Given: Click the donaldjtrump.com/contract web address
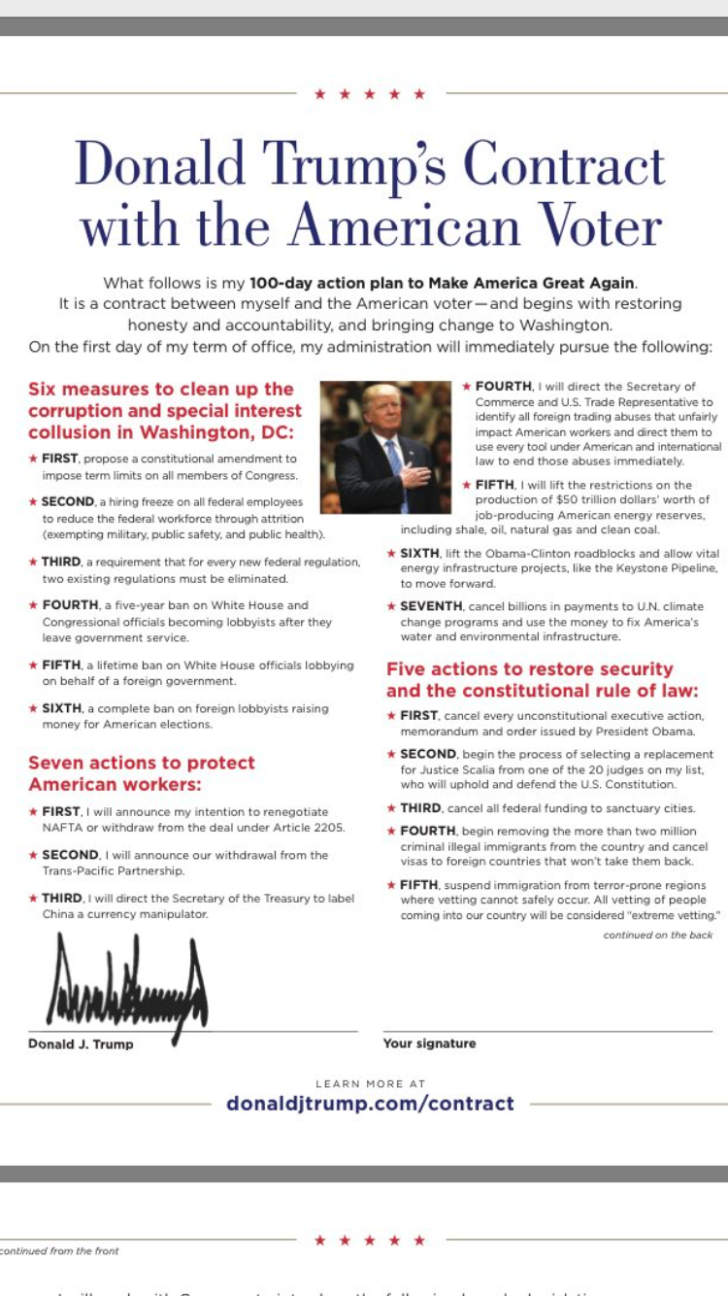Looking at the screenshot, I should click(x=370, y=1103).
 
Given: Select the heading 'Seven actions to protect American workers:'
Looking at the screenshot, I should click(x=142, y=773).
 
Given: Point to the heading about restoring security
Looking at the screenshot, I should click(x=530, y=680).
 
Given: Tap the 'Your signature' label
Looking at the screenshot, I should click(x=429, y=1043).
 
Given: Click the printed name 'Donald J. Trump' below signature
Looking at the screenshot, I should click(x=82, y=1044).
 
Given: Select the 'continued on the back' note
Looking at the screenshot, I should click(x=657, y=935).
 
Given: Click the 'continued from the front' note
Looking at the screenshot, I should click(x=60, y=1250).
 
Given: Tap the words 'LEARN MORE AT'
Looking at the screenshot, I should click(x=370, y=1083).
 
